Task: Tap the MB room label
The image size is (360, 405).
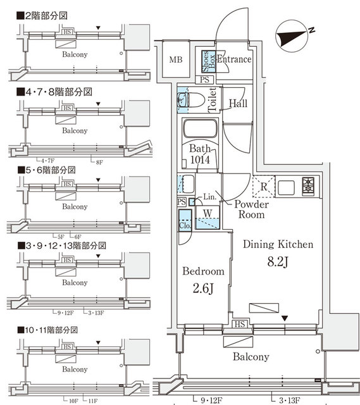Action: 175,60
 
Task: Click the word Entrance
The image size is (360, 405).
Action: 235,59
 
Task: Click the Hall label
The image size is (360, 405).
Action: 238,104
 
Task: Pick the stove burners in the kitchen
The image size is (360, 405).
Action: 309,186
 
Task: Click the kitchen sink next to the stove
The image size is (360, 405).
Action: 285,187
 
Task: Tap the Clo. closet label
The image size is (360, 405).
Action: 185,224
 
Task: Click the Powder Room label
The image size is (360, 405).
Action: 251,209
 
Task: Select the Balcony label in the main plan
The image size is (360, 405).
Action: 250,357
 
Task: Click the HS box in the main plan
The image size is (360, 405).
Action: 240,325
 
